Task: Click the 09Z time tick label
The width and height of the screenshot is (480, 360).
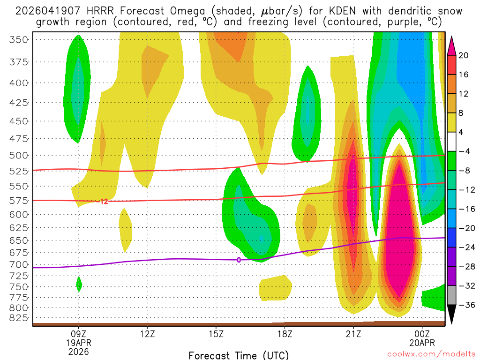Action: [78, 335]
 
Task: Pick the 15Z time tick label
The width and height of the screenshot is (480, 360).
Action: [216, 335]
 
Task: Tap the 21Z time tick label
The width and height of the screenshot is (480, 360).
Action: [353, 335]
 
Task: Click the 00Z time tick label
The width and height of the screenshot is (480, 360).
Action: [422, 335]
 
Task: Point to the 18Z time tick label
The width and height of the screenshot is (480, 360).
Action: [285, 335]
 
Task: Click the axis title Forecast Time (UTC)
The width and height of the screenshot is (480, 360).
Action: [239, 355]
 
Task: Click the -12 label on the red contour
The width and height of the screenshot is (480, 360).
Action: [103, 202]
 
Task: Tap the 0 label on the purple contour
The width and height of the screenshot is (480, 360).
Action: [239, 260]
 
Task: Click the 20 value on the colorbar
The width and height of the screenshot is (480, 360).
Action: [464, 55]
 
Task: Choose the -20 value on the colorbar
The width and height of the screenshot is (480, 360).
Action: [464, 228]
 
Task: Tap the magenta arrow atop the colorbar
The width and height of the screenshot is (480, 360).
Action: [451, 45]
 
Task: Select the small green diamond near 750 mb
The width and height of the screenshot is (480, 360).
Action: [79, 284]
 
